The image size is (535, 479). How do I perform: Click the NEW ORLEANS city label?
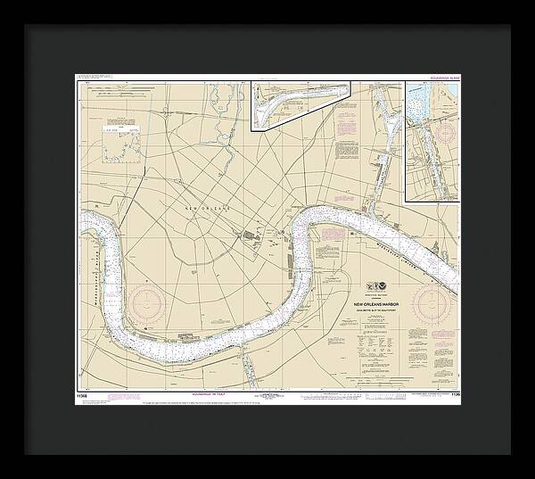tap(207, 208)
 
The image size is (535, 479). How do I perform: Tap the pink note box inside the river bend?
tap(332, 237)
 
